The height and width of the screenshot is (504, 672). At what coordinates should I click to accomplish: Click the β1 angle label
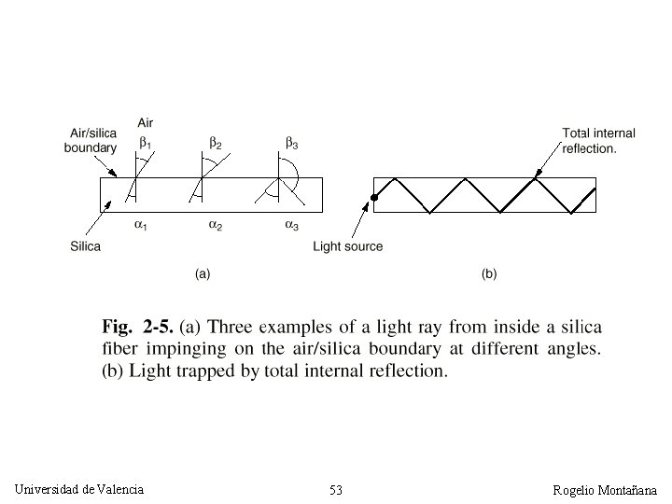(145, 143)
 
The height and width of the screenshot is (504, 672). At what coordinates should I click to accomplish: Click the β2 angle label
(216, 143)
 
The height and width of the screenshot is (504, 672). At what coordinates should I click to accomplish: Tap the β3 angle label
(292, 143)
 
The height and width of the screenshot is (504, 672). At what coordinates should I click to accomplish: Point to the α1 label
(140, 226)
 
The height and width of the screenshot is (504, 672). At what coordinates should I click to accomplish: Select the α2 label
(215, 226)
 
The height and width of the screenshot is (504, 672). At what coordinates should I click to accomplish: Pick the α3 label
(292, 226)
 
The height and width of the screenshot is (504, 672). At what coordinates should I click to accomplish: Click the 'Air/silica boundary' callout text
(91, 140)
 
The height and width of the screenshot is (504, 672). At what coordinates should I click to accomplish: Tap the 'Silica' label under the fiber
(85, 246)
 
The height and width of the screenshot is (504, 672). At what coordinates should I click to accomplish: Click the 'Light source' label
(347, 246)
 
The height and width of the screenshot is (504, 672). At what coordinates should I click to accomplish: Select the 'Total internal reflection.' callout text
(598, 140)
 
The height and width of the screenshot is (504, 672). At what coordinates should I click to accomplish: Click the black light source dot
(373, 198)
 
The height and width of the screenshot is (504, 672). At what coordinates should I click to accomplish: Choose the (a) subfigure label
(202, 274)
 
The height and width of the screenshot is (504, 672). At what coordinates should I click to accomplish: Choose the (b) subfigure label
(489, 274)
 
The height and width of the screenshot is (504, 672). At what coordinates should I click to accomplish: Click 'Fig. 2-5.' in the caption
(135, 328)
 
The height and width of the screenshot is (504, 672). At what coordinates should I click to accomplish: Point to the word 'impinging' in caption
(190, 349)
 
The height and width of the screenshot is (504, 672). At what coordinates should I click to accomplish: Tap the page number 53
(336, 490)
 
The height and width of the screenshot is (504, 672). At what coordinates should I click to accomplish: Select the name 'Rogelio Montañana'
(605, 490)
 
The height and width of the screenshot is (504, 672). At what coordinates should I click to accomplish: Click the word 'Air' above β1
(146, 122)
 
